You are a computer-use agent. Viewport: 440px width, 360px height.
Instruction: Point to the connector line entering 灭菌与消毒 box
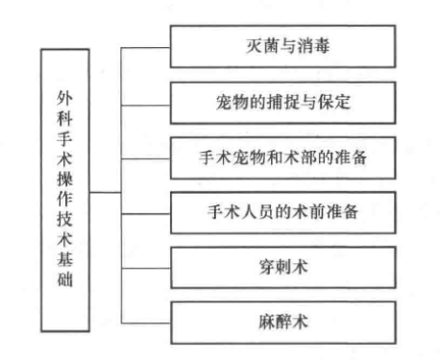[150, 43]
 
